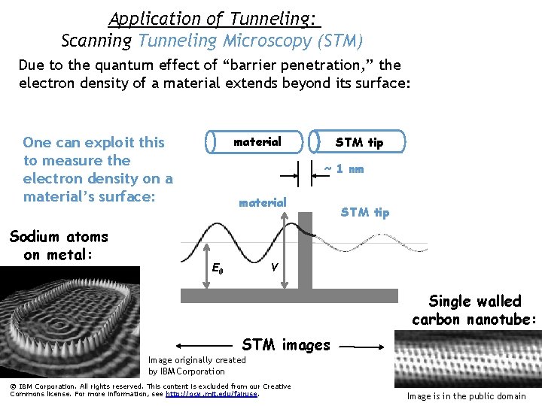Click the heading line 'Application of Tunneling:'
point(214,18)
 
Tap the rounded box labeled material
point(256,142)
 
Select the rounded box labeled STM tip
point(359,142)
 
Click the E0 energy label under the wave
point(216,268)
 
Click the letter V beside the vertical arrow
point(276,268)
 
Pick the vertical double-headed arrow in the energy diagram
point(284,249)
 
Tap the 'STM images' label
point(285,345)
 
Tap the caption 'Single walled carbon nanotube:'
point(474,310)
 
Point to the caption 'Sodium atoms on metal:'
point(59,245)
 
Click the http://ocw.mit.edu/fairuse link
point(212,393)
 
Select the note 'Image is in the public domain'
point(466,396)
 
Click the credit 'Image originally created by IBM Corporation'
point(197,365)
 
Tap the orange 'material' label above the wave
point(262,202)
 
